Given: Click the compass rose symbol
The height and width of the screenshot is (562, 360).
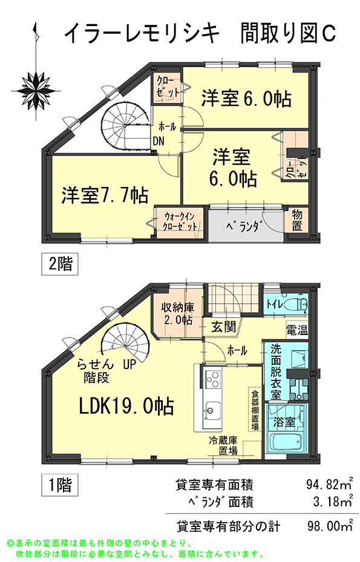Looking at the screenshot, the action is tap(36, 90).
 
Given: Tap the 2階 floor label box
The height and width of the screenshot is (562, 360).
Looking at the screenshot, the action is tap(60, 264).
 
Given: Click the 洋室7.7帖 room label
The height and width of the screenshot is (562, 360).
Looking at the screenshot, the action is tap(104, 195).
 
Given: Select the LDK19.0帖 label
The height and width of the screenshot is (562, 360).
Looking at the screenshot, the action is tap(126, 407).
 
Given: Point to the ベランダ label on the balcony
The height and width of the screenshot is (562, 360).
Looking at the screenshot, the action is tap(243, 226).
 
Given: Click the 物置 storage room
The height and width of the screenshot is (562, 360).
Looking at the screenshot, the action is tap(296, 220).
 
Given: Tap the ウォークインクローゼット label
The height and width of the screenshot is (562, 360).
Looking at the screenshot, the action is tap(180, 221).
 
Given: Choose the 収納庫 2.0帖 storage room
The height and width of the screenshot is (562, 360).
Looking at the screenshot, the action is tap(177, 313).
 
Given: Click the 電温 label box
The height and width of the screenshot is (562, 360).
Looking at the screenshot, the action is tap(297, 330).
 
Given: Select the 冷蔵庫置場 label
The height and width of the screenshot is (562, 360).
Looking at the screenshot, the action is tap(224, 445).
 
